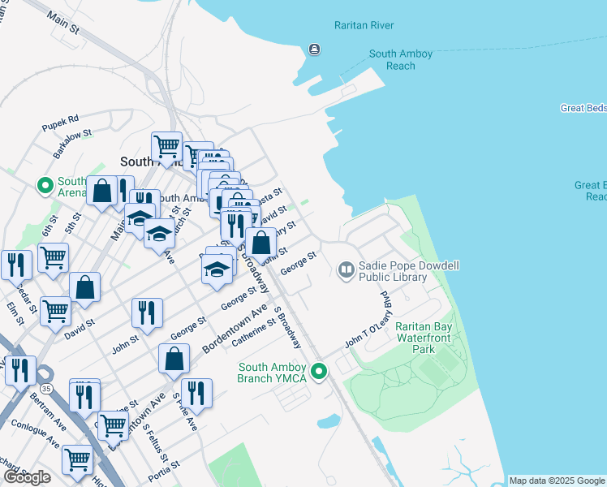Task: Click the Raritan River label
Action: point(364,25)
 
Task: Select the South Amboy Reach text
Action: point(400,59)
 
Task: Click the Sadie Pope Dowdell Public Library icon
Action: point(347,268)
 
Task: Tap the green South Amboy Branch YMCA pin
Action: point(319,372)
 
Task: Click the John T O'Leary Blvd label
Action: point(368,321)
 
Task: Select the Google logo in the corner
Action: point(27,477)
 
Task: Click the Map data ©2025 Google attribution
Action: point(556,481)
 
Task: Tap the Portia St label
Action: point(164,473)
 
